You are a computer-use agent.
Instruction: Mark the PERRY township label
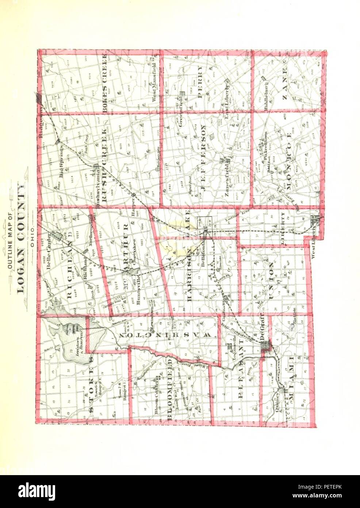pos(199,82)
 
